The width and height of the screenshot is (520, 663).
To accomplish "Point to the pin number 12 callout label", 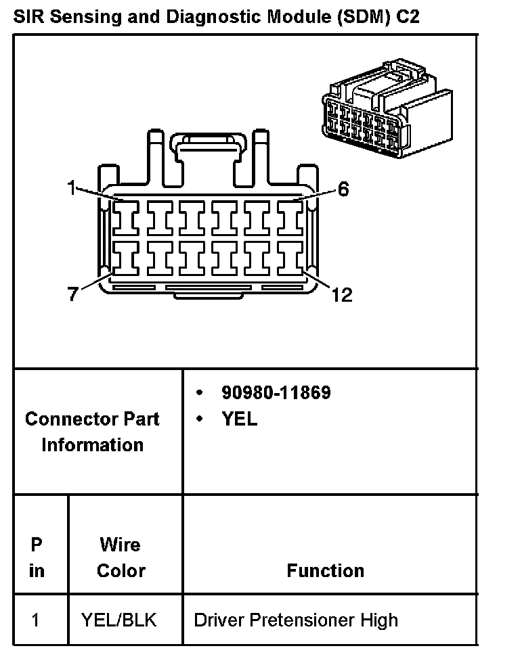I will (x=343, y=295).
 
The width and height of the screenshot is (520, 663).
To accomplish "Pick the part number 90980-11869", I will (x=276, y=392).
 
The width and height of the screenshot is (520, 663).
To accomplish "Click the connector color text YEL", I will (x=240, y=419).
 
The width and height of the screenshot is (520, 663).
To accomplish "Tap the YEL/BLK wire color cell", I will (x=118, y=620).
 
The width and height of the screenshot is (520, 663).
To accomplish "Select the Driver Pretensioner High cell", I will (x=296, y=620).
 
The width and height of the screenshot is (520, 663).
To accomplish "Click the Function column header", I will (x=325, y=570).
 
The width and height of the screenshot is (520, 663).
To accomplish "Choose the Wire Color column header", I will (x=121, y=557).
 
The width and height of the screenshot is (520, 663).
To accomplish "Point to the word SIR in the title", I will (x=29, y=16).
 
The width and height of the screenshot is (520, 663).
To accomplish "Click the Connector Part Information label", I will (x=92, y=432).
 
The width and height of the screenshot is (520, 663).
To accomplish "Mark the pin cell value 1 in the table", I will (x=36, y=620).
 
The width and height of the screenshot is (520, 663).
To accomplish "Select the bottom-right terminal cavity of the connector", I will (x=292, y=258).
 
